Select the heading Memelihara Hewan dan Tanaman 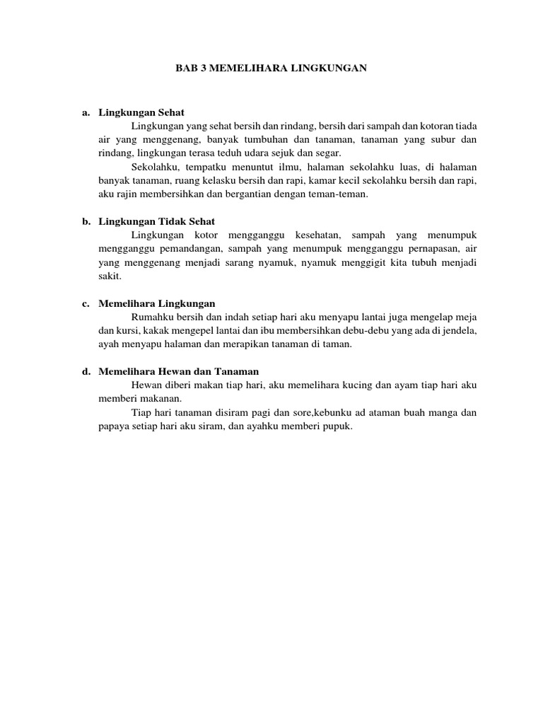(x=179, y=371)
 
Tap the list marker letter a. (x=86, y=112)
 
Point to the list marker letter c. (x=86, y=303)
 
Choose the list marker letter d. (x=86, y=371)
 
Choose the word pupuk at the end (x=337, y=426)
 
